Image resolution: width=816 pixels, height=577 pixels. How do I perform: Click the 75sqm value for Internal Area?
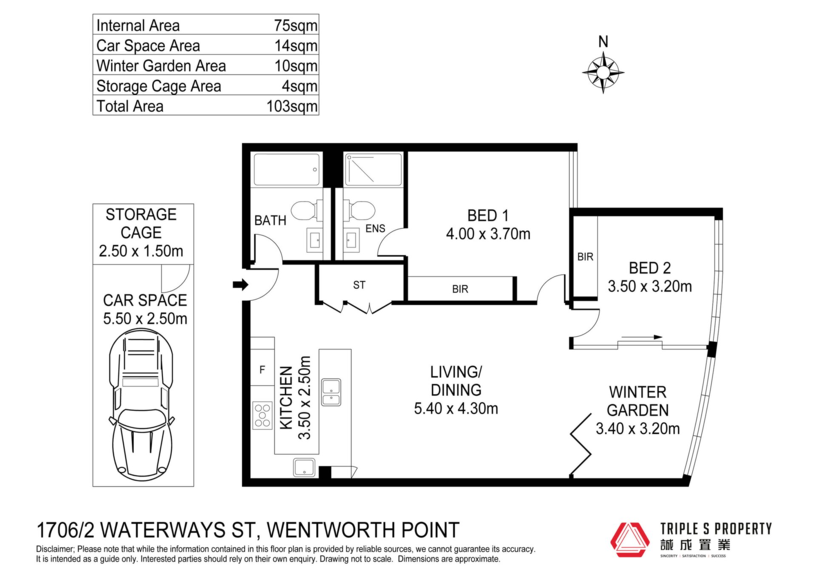click(296, 26)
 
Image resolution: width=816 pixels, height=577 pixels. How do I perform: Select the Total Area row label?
click(130, 106)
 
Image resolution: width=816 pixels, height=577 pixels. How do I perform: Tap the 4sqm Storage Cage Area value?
click(300, 86)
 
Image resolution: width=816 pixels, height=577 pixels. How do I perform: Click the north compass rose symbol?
click(603, 72)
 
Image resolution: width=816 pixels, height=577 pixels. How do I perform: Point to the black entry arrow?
click(241, 284)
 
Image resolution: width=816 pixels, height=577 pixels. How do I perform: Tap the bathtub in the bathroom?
click(286, 169)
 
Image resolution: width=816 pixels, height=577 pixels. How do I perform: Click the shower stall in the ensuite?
click(374, 170)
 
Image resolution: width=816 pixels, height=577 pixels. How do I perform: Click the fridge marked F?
click(262, 370)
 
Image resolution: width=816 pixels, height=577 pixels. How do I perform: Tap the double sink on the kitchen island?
click(331, 392)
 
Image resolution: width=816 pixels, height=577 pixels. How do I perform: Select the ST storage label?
click(359, 285)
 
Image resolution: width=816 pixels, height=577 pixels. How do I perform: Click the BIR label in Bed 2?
click(585, 257)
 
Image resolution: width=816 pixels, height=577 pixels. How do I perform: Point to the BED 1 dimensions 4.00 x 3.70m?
click(488, 234)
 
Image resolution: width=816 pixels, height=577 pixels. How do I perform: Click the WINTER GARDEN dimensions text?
click(637, 429)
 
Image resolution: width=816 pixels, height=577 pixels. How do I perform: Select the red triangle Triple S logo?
click(630, 540)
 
